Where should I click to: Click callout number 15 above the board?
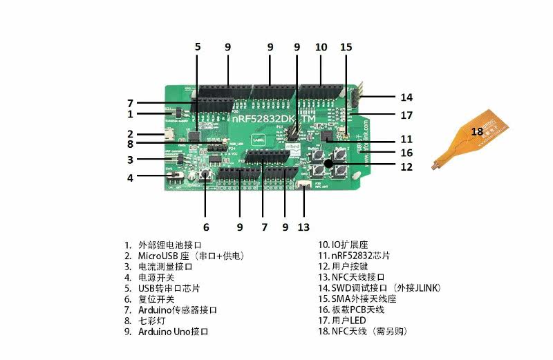click(x=346, y=47)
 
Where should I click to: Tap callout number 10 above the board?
click(x=321, y=47)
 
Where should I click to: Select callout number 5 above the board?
click(x=198, y=47)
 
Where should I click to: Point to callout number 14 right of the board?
click(x=406, y=97)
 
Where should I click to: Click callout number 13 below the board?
click(x=304, y=227)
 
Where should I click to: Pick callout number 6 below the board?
click(x=205, y=227)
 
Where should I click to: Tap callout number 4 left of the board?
click(x=129, y=177)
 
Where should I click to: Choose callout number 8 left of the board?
click(x=129, y=144)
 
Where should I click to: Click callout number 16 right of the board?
click(x=406, y=152)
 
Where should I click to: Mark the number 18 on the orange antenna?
click(x=477, y=131)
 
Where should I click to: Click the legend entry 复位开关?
click(x=155, y=299)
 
